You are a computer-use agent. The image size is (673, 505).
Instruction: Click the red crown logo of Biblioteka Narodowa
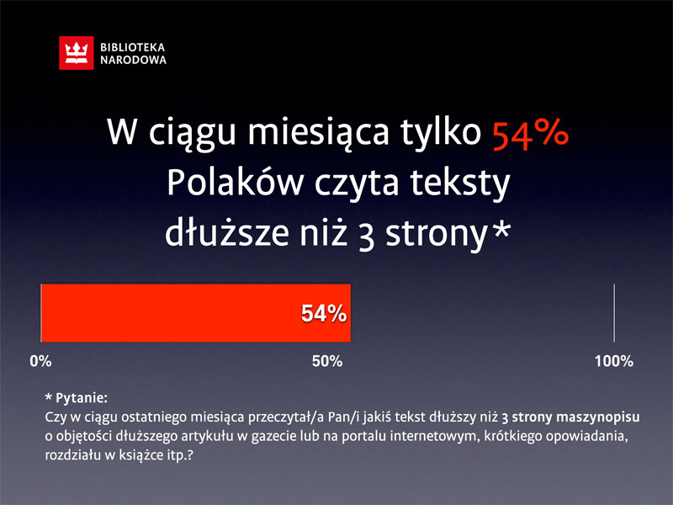(x=77, y=53)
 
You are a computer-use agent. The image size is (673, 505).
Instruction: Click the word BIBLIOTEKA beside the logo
(x=133, y=47)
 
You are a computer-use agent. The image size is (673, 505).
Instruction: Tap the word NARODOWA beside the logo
(x=133, y=60)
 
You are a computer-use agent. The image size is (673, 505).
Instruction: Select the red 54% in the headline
(x=531, y=134)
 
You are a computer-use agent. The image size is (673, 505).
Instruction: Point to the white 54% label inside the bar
(x=324, y=313)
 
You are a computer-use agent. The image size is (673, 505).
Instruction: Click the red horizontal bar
(x=196, y=313)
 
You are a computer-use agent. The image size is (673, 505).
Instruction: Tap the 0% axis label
(x=40, y=361)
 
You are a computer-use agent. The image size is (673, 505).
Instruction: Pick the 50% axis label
(x=327, y=361)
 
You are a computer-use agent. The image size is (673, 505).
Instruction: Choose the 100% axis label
(x=614, y=361)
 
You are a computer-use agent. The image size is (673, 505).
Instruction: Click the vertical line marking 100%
(x=614, y=313)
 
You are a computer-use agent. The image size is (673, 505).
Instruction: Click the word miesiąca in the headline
(x=318, y=133)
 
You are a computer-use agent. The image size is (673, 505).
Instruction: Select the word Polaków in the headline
(x=236, y=183)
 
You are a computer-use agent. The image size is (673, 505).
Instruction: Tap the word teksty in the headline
(x=460, y=183)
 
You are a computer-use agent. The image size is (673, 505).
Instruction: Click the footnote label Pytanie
(x=81, y=398)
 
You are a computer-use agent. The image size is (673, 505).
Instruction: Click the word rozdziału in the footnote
(x=72, y=454)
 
